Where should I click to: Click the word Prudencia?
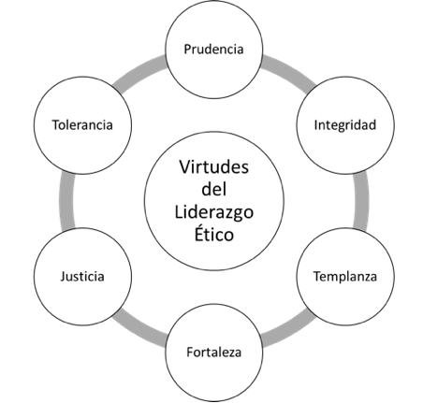tap(213, 50)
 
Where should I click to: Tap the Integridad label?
tap(345, 125)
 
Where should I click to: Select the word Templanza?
tap(345, 277)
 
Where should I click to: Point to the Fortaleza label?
tap(213, 353)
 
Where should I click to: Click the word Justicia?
tap(82, 277)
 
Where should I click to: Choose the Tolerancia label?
tap(82, 125)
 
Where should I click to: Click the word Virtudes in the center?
tap(214, 166)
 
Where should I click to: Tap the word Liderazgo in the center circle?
tap(214, 212)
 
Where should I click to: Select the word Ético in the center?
tap(214, 233)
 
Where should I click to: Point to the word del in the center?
tap(214, 189)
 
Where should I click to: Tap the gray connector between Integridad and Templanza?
tap(361, 201)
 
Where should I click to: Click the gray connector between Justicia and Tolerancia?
tap(66, 201)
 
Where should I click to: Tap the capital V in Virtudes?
tap(185, 167)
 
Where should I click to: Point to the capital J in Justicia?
tap(63, 277)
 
